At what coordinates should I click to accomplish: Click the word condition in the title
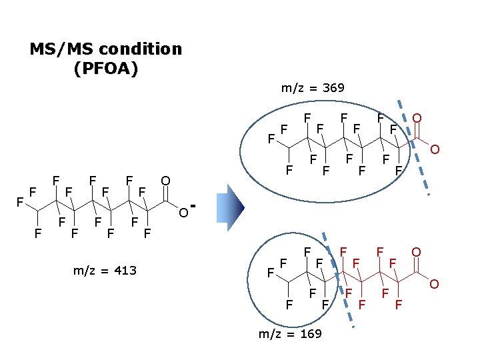[137, 49]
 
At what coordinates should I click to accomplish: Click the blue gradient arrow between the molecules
[236, 207]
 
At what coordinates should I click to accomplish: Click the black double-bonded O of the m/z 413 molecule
[165, 180]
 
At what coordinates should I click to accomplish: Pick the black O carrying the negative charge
[182, 213]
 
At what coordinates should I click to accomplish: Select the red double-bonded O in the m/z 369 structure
[417, 118]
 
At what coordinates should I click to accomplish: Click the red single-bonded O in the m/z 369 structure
[433, 149]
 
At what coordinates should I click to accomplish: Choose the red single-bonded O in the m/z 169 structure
[433, 285]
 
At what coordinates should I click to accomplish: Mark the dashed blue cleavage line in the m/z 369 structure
[413, 147]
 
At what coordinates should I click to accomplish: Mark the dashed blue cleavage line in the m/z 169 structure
[337, 280]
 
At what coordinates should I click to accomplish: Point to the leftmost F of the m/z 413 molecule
[21, 200]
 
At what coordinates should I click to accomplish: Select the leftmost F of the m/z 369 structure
[271, 139]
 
